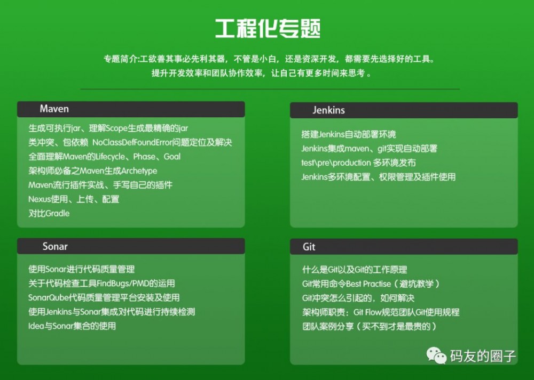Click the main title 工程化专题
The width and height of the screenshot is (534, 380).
tap(267, 28)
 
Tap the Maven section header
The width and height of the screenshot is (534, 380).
tap(54, 109)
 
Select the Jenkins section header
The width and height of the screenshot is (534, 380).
tap(328, 110)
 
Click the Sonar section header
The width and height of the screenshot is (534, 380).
tap(55, 246)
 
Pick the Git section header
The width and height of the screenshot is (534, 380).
tap(309, 247)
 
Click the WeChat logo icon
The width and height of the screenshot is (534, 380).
tap(435, 355)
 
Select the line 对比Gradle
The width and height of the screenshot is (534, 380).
tap(49, 213)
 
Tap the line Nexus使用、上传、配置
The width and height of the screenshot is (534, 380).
tap(74, 199)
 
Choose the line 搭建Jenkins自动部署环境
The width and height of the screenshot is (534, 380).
tap(348, 134)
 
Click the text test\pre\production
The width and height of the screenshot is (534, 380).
tap(336, 163)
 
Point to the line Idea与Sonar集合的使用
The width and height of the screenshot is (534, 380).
tap(72, 326)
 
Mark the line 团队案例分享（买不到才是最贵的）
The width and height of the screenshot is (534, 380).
tap(369, 326)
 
